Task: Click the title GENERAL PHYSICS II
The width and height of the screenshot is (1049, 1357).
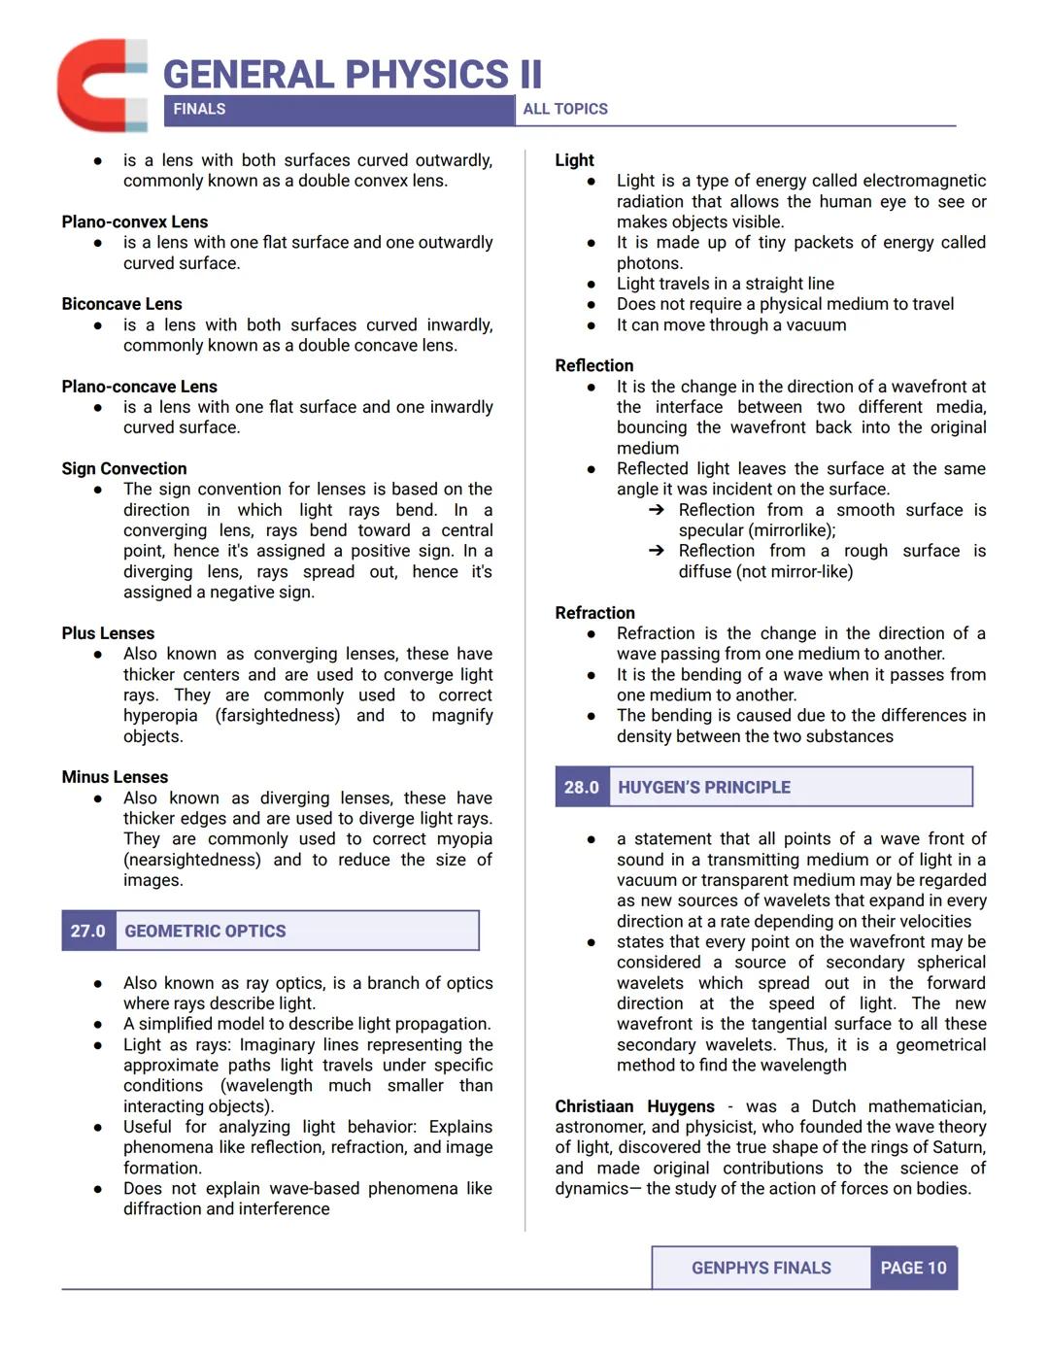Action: point(352,75)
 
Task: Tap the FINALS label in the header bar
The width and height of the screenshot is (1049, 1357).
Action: point(199,110)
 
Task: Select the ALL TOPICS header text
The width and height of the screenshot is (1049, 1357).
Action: point(565,110)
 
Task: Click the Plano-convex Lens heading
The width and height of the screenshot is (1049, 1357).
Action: point(134,221)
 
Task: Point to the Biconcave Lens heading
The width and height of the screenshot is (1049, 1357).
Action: point(121,304)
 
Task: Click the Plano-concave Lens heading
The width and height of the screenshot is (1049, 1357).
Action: point(139,387)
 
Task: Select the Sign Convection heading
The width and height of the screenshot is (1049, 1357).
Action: point(123,468)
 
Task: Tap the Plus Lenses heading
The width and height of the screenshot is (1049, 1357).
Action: point(108,633)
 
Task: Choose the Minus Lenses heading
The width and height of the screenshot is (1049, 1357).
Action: point(115,777)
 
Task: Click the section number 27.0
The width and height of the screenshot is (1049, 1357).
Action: point(87,931)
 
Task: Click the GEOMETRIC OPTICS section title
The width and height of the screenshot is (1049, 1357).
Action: point(205,931)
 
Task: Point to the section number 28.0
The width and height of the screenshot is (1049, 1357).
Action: point(582,787)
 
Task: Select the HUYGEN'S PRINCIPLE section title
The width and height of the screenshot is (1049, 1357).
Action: point(704,787)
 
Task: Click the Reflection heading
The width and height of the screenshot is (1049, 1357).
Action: point(593,365)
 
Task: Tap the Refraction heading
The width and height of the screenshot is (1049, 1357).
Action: point(594,613)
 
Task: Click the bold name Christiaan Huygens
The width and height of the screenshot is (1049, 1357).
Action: point(634,1106)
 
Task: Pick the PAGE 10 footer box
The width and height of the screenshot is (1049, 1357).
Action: point(913,1268)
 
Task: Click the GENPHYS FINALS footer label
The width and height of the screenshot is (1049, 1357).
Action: point(761,1268)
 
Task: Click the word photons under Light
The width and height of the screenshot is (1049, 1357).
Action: point(649,263)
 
